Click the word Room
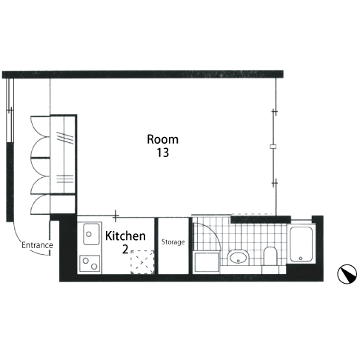162,139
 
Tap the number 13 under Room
163,153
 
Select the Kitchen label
125,236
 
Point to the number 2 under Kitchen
125,250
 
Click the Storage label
173,242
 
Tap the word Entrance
37,245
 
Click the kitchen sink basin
91,234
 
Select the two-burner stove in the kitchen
90,264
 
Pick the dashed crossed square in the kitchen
142,262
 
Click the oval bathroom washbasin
238,258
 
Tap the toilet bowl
270,256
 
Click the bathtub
301,244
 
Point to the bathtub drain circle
301,259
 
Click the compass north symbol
347,274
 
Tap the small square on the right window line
273,147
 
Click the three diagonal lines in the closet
65,137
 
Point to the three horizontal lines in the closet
64,179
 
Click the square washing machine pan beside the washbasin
207,262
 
